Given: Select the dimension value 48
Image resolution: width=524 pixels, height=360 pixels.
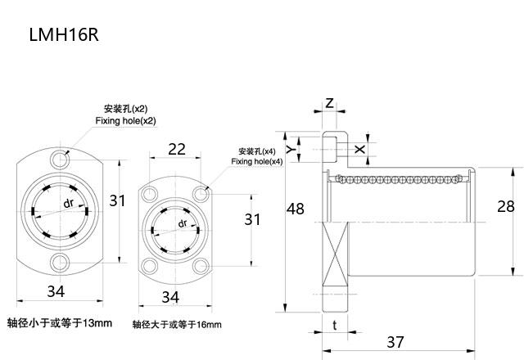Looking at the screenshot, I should [296, 210].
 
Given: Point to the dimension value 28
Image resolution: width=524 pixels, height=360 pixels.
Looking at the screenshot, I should [506, 206].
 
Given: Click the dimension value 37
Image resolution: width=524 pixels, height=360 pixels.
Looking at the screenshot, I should [396, 340].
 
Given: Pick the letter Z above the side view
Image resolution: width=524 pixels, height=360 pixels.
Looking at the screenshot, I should [329, 103].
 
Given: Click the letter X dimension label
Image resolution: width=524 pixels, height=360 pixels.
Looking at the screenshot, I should [361, 149].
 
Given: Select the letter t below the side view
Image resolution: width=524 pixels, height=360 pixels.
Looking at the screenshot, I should [336, 324].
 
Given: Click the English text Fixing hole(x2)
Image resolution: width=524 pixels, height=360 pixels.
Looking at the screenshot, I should [125, 121].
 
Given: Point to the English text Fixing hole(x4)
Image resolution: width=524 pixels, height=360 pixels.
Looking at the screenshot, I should [256, 162].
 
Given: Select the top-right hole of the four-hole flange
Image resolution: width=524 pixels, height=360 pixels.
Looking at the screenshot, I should [201, 193].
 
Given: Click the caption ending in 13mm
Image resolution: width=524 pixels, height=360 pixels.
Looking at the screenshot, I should [59, 322].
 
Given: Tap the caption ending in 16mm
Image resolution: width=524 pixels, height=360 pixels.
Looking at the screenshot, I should [177, 325].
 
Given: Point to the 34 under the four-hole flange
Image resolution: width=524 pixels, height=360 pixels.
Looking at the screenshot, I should [170, 295].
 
